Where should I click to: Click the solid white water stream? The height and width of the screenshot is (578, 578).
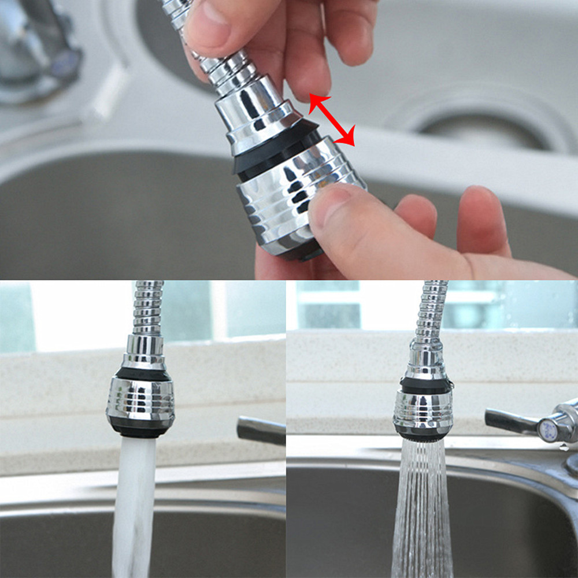[133, 503]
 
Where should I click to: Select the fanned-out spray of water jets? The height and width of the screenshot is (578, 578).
[422, 509]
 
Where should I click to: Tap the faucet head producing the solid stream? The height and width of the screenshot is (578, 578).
[140, 399]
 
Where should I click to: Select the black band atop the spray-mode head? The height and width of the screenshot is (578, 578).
[425, 385]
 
